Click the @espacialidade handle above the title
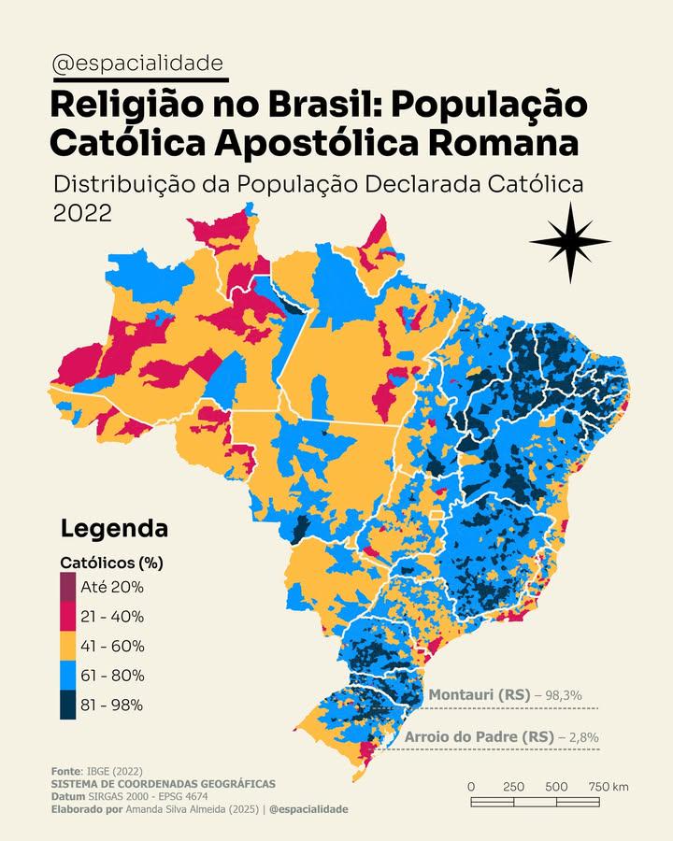[x=138, y=64]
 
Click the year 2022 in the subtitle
[x=82, y=212]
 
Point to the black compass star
[x=569, y=242]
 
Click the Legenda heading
[x=114, y=528]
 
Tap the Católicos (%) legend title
[x=111, y=563]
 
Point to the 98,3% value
[x=564, y=695]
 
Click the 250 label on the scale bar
[x=513, y=787]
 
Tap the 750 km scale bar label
[x=609, y=787]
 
